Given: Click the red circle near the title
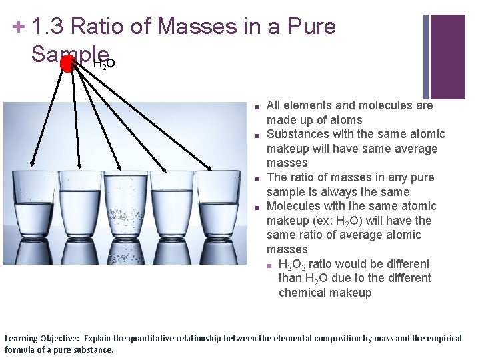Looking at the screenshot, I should pos(67,63).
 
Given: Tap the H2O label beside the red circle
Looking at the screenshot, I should pos(105,64).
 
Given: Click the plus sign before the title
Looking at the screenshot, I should pos(19,27).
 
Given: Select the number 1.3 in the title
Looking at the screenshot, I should pos(47,27).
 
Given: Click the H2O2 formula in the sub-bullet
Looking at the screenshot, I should pos(293,264).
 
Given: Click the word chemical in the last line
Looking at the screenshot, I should pos(303,293).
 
